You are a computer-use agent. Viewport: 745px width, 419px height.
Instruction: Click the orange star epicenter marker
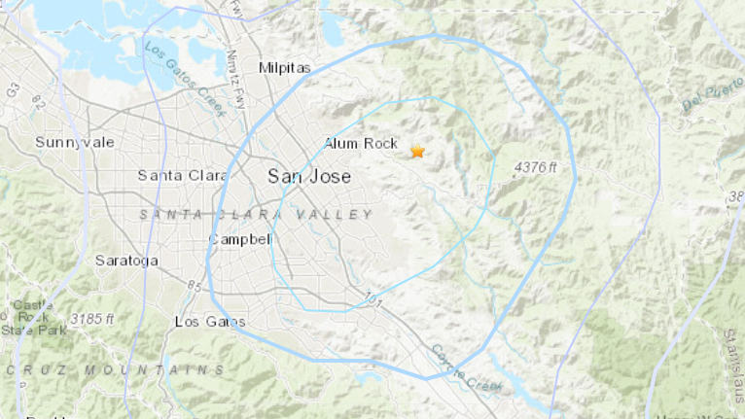(x=418, y=152)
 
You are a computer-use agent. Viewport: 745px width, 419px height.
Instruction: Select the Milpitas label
(x=283, y=67)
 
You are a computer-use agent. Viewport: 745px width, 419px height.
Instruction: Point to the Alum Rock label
(x=361, y=143)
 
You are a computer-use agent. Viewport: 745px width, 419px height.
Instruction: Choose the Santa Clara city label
(x=182, y=175)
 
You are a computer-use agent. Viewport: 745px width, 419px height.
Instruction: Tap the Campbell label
(x=239, y=238)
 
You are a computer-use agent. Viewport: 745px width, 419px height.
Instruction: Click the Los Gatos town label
(x=210, y=321)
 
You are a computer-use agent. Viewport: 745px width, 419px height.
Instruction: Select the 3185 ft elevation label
(x=93, y=318)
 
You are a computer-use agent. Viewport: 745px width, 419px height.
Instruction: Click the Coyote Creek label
(x=465, y=368)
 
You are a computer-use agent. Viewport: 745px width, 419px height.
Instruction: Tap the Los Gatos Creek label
(x=185, y=78)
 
